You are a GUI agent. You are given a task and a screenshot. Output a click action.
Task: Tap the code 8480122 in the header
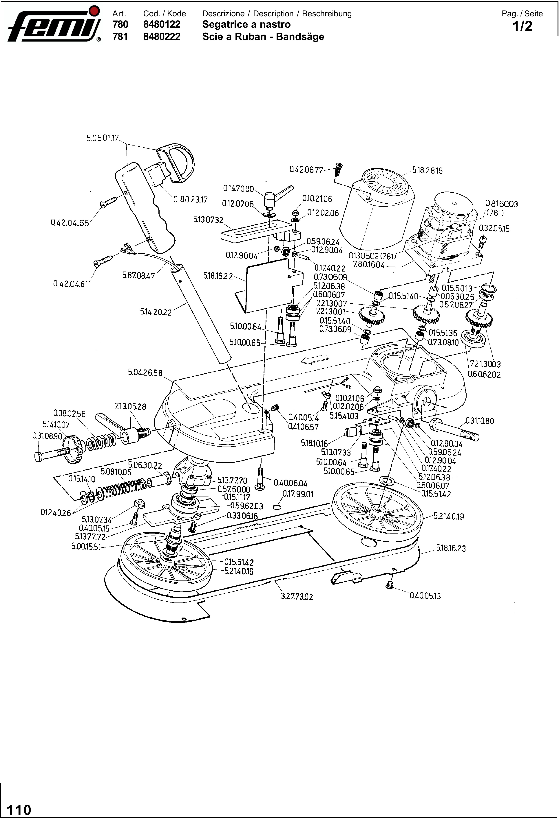162,24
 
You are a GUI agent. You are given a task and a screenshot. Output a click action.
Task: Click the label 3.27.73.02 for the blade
297,597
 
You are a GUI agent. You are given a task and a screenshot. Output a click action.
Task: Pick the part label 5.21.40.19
448,516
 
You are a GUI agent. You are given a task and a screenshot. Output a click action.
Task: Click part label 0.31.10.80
479,421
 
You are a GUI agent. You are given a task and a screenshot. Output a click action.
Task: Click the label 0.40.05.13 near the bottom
425,596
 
